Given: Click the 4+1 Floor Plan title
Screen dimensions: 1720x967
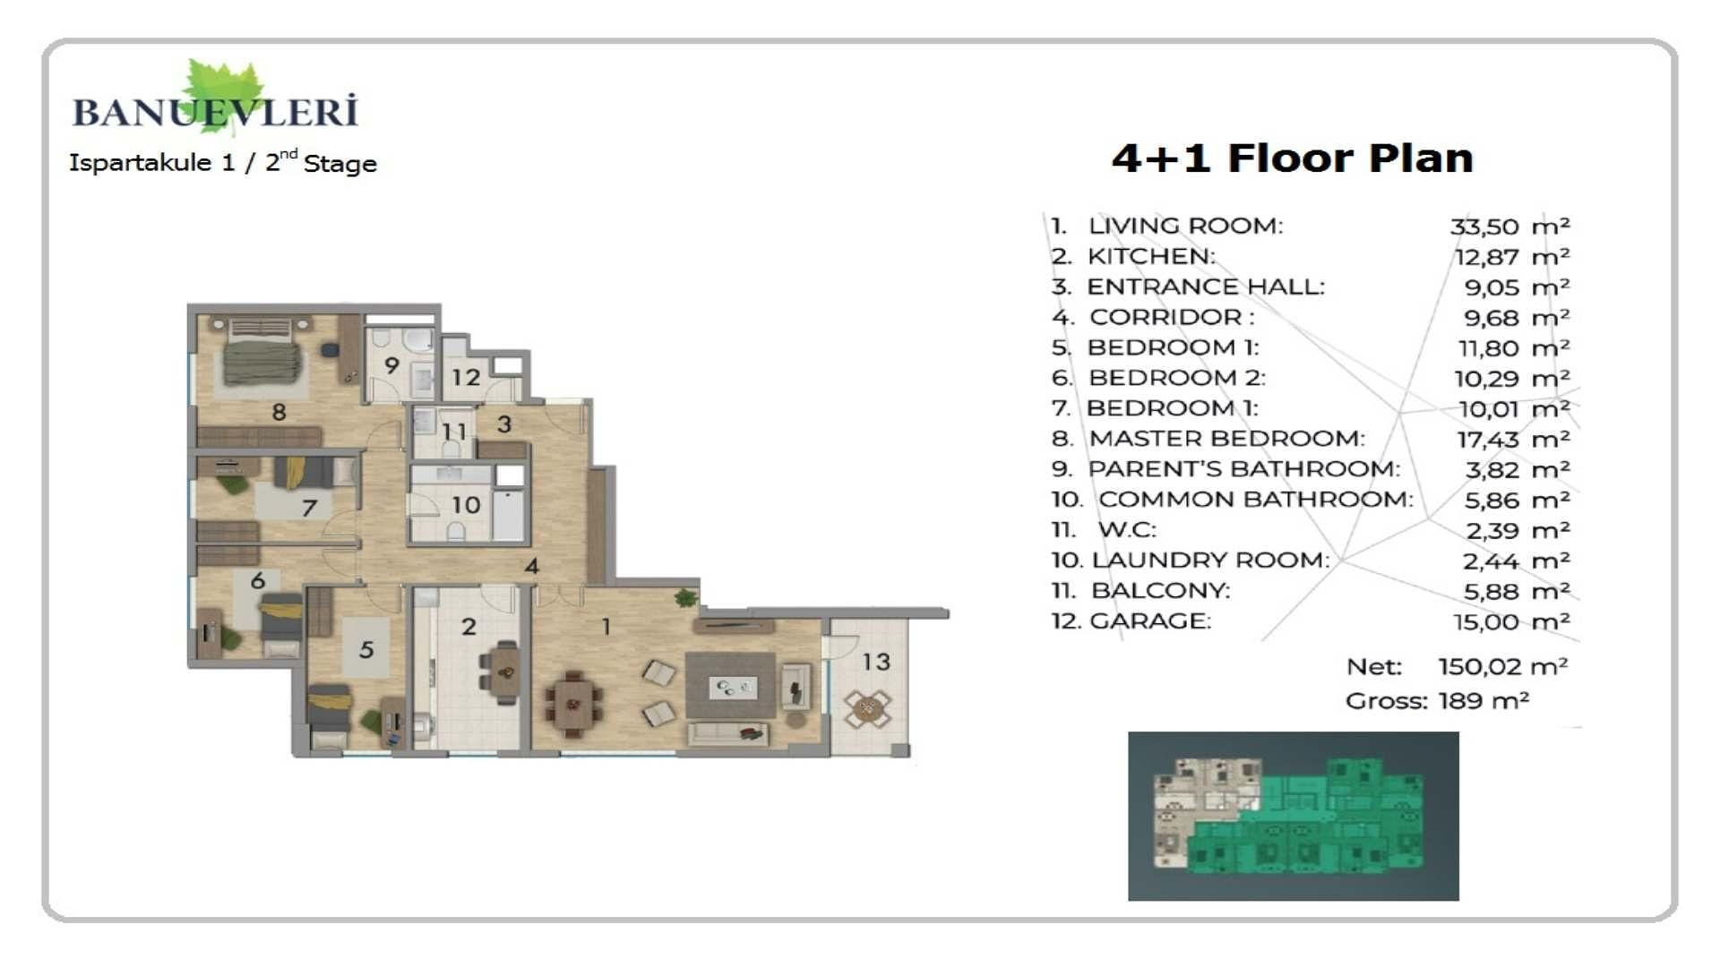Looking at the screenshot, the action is pos(1292,158).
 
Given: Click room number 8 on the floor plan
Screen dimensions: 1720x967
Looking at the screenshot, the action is pos(279,412).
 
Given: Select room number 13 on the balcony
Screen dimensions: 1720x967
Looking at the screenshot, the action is pos(876,662).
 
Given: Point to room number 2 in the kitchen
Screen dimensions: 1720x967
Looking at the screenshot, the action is pos(469,627).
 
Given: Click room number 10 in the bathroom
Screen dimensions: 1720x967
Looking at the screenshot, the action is pos(466,505).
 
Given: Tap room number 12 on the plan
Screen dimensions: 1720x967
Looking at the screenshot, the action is pos(466,378).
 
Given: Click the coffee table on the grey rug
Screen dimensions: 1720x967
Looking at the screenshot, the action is pos(734,689).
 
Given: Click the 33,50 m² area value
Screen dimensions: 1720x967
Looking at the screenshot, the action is pos(1509,227).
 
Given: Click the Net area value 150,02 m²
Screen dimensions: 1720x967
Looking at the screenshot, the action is pos(1503,667).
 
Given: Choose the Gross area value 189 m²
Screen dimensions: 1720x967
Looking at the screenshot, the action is pos(1483,701).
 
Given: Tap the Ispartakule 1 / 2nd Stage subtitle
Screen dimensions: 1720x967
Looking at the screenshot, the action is pos(223,162).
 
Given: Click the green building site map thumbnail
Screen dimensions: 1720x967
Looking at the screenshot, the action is pos(1293,816).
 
